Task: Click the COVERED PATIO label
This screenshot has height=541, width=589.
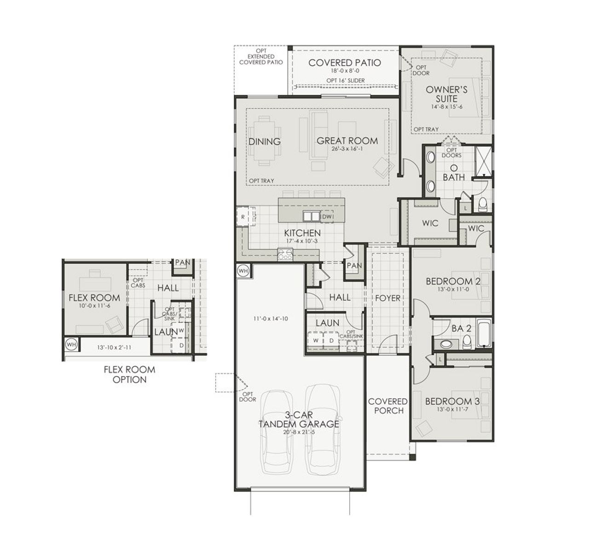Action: [344, 63]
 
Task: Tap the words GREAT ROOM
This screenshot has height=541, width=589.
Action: [347, 141]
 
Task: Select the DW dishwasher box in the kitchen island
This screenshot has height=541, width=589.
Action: [327, 216]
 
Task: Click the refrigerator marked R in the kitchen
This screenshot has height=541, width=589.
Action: [243, 216]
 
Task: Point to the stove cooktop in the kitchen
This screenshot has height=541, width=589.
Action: [284, 254]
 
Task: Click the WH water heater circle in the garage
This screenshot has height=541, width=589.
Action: [243, 271]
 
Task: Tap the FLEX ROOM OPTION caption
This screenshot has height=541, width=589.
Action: [129, 374]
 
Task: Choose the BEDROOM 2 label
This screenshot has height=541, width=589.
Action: [453, 281]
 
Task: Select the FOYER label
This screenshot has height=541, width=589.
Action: [387, 298]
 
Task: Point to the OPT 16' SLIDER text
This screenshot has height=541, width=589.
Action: [346, 81]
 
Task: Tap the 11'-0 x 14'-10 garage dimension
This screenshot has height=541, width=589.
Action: [270, 318]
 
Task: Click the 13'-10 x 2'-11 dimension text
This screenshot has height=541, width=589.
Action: [114, 347]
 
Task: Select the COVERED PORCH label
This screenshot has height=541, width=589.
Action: [388, 406]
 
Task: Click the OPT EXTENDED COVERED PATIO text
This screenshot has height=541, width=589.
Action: [261, 57]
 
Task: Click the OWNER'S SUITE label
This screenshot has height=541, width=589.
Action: [446, 94]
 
